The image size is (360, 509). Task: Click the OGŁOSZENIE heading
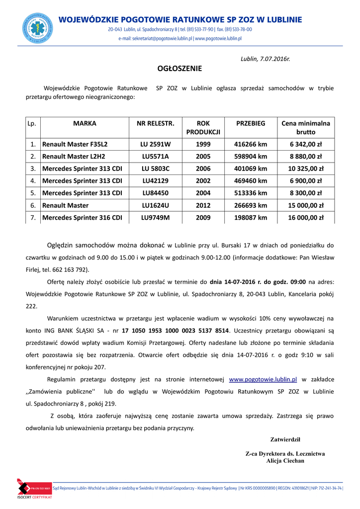[180, 69]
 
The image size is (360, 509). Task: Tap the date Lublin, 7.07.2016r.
[265, 59]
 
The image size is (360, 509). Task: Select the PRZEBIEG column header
[251, 123]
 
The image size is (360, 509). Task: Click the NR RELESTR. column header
[156, 123]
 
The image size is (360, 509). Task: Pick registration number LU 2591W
[156, 145]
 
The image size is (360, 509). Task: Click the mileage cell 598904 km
[251, 157]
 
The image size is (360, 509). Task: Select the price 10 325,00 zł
[305, 169]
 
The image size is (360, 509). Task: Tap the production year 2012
[203, 205]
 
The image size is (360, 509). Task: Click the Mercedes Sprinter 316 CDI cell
[82, 217]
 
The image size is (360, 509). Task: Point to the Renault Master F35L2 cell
[75, 145]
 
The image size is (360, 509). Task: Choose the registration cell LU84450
[156, 193]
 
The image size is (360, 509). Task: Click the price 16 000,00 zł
[305, 217]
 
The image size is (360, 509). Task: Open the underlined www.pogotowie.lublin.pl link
[263, 379]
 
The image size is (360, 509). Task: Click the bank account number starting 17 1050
[176, 331]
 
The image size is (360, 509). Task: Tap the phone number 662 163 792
[71, 269]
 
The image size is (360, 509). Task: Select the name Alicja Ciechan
[285, 461]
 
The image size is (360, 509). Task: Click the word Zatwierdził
[285, 439]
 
